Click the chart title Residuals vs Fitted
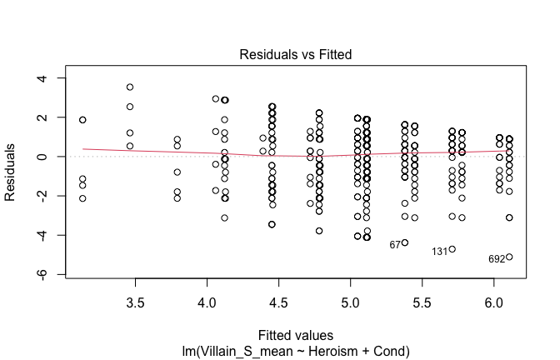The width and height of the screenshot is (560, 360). (x=295, y=54)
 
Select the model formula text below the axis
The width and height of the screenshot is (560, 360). (x=295, y=352)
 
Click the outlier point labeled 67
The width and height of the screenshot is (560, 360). (x=405, y=242)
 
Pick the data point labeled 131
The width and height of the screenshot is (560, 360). (x=452, y=249)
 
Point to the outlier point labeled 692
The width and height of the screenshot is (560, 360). (x=509, y=257)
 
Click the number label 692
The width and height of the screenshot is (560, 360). (x=497, y=259)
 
